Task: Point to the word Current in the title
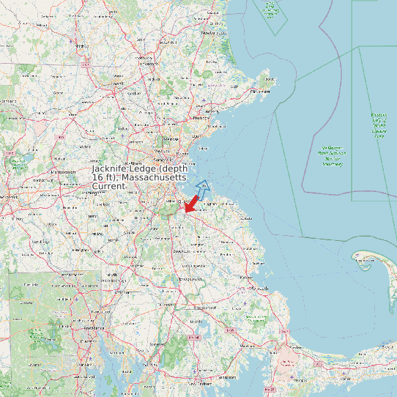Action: (x=109, y=187)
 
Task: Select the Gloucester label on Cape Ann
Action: (x=260, y=92)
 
